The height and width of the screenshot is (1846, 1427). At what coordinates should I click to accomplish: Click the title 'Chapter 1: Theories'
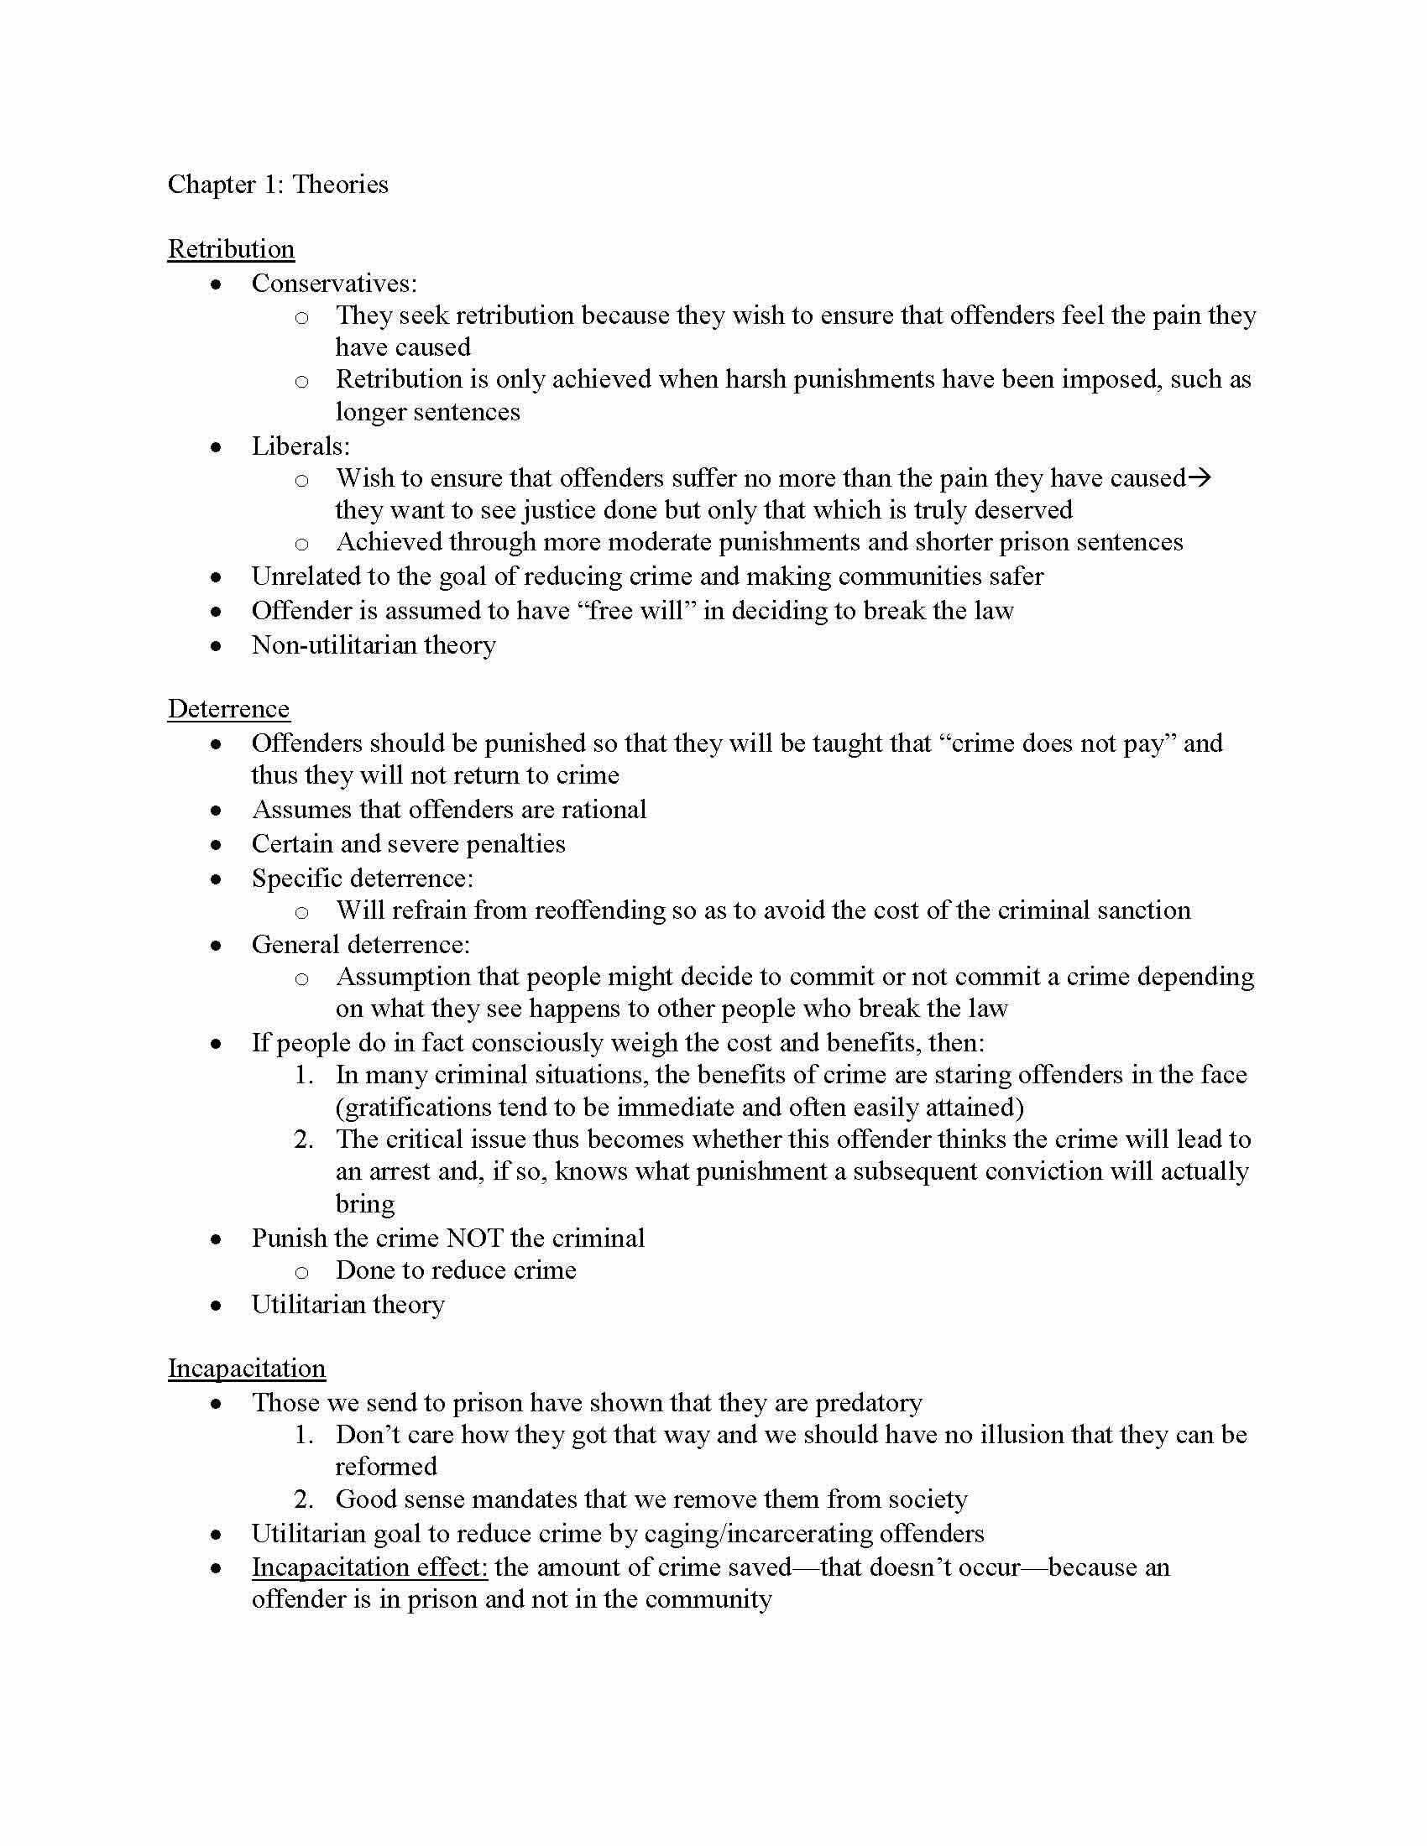277,185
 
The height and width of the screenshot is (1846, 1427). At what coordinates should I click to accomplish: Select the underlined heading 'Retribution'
231,249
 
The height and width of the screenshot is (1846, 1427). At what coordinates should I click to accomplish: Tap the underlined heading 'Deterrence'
228,708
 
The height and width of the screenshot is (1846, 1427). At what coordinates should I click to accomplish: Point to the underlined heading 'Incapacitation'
246,1368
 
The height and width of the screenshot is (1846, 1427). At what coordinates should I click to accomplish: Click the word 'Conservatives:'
334,283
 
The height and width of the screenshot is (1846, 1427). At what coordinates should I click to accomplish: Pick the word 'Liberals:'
301,446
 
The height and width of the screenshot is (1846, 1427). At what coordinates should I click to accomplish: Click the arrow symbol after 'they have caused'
1200,478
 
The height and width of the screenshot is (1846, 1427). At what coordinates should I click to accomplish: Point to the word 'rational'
604,809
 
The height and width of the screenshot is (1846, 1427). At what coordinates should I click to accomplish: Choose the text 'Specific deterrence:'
362,878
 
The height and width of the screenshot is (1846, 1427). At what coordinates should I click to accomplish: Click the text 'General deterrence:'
360,943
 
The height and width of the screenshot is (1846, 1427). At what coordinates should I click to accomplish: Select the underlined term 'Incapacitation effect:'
369,1567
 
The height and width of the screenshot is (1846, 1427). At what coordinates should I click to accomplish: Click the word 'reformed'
385,1466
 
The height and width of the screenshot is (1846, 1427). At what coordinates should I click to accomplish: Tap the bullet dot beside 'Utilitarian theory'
217,1306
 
